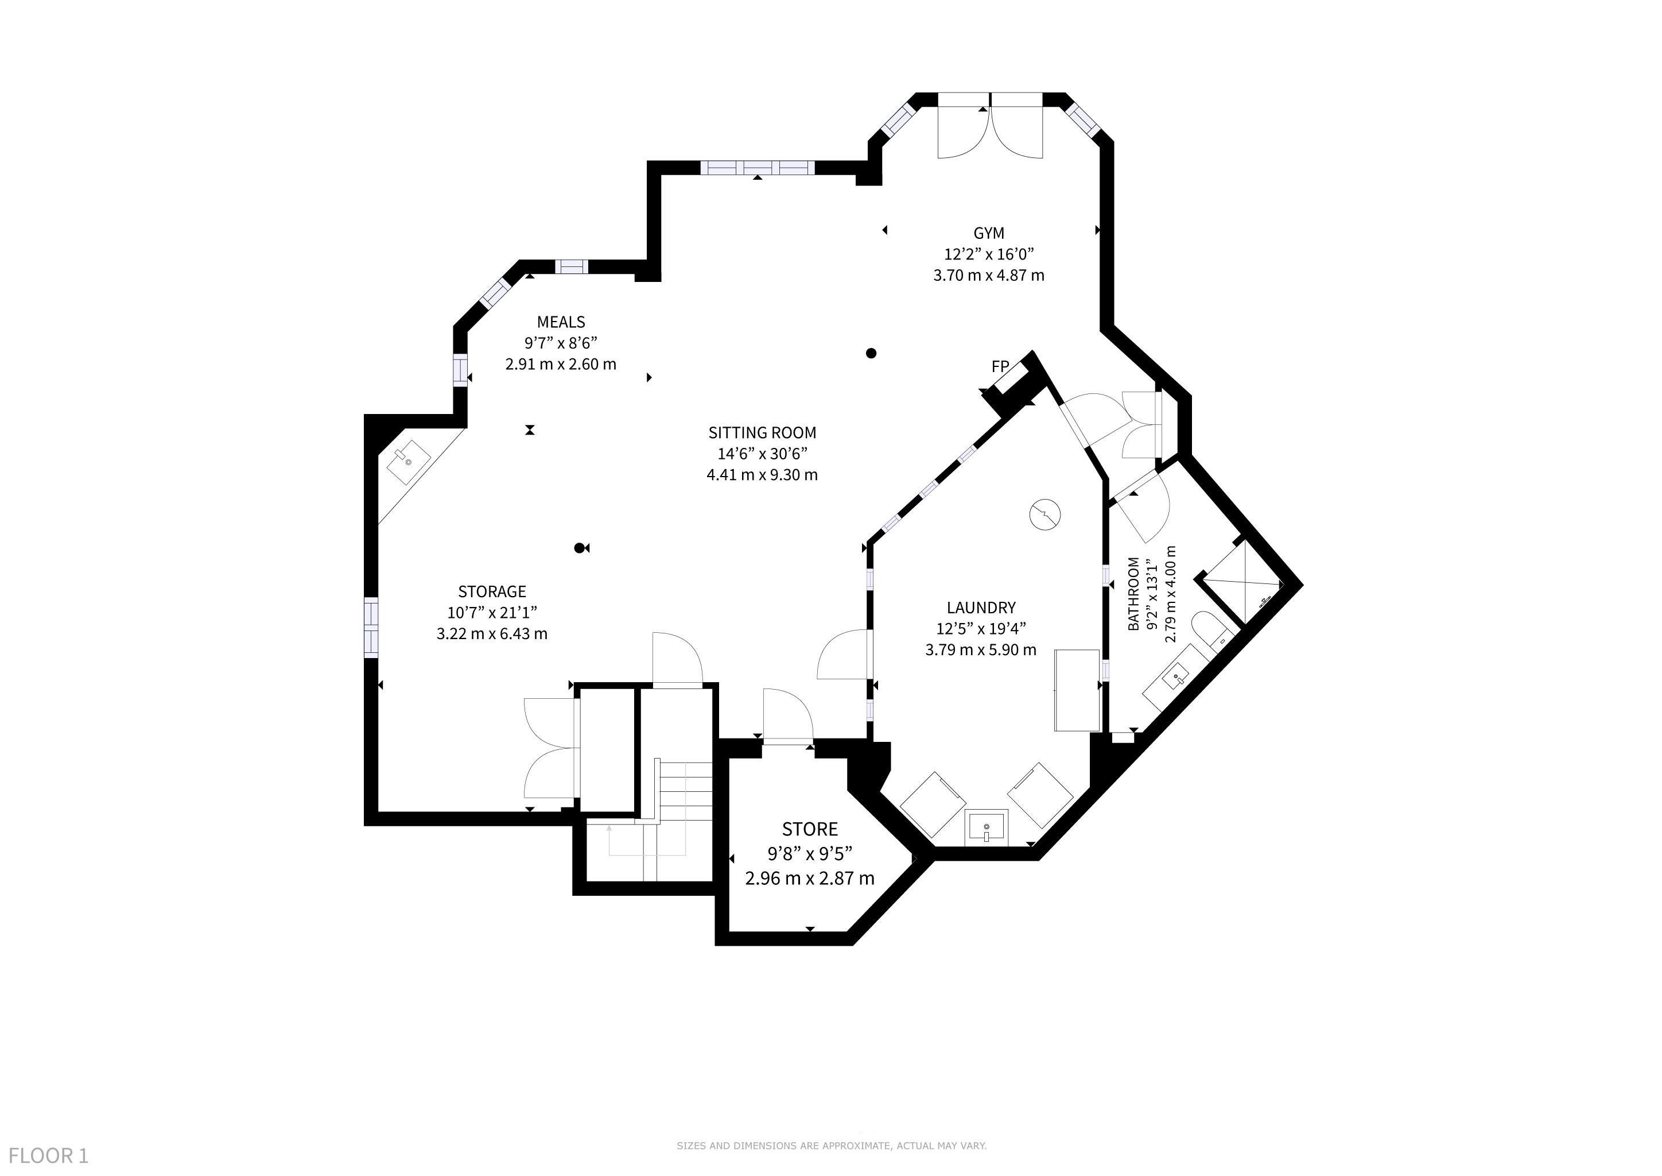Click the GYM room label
988,233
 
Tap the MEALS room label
561,322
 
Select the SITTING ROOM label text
762,433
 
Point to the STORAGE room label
492,591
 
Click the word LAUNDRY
981,608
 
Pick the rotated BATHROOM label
1133,593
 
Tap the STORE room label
810,829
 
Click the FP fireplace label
1000,367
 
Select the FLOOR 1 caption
49,1155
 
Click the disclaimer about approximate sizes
832,1146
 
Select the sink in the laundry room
986,827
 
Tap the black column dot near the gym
872,353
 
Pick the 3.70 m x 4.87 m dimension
988,275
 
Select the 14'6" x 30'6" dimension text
762,454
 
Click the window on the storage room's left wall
371,627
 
